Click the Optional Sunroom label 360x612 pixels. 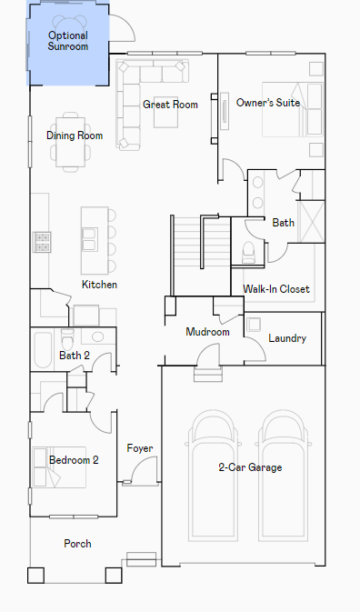pyautogui.click(x=68, y=41)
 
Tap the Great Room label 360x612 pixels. pyautogui.click(x=170, y=105)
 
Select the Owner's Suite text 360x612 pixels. pyautogui.click(x=268, y=103)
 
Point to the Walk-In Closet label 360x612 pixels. pyautogui.click(x=276, y=289)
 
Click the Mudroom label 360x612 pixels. pyautogui.click(x=207, y=332)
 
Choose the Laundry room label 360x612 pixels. pyautogui.click(x=287, y=338)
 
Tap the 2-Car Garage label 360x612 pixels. pyautogui.click(x=250, y=467)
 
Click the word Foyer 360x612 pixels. pyautogui.click(x=140, y=448)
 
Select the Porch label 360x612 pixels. pyautogui.click(x=77, y=543)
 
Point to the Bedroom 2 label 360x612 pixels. pyautogui.click(x=74, y=460)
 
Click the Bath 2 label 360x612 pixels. pyautogui.click(x=75, y=356)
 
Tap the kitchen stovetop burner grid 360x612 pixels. pyautogui.click(x=42, y=242)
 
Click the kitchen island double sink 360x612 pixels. pyautogui.click(x=90, y=240)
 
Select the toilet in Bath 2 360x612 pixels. pyautogui.click(x=67, y=339)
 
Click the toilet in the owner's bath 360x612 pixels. pyautogui.click(x=248, y=253)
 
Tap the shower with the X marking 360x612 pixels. pyautogui.click(x=311, y=222)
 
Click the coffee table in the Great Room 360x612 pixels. pyautogui.click(x=165, y=113)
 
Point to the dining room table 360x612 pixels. pyautogui.click(x=70, y=142)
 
